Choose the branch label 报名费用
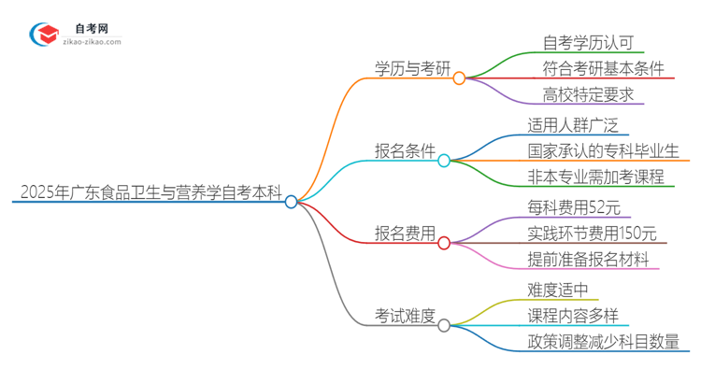click(x=405, y=234)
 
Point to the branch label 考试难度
click(x=405, y=316)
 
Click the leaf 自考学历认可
click(x=587, y=42)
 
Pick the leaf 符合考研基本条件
click(x=603, y=67)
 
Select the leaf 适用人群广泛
click(x=571, y=125)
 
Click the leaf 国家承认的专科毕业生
click(x=603, y=150)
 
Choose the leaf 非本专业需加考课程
click(x=594, y=176)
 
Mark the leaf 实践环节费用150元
click(x=592, y=233)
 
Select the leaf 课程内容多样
click(x=571, y=316)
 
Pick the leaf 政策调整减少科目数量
click(x=603, y=341)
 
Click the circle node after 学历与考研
click(x=459, y=79)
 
